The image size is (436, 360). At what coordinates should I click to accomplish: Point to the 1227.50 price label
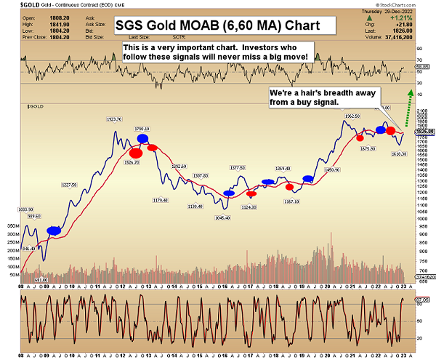tap(70, 185)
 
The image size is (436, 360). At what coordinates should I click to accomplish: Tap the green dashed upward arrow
tap(411, 102)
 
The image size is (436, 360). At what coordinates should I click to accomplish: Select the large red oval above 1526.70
tap(135, 152)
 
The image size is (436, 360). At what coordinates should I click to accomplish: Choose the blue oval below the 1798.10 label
tap(142, 138)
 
